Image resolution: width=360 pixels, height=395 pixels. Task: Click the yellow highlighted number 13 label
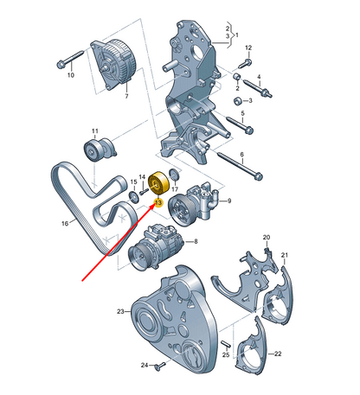pyautogui.click(x=158, y=202)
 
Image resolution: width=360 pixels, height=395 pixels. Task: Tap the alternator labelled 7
pyautogui.click(x=113, y=65)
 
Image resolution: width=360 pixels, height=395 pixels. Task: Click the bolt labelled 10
pyautogui.click(x=70, y=60)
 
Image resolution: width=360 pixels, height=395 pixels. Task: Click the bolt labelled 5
pyautogui.click(x=240, y=124)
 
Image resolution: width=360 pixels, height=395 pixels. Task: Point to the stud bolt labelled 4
pyautogui.click(x=258, y=87)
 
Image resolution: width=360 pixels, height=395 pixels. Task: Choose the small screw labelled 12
pyautogui.click(x=245, y=63)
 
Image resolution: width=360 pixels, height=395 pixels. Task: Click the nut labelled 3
pyautogui.click(x=238, y=101)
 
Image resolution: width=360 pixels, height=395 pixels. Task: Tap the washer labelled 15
pyautogui.click(x=133, y=197)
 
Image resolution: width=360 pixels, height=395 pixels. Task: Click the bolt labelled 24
pyautogui.click(x=159, y=366)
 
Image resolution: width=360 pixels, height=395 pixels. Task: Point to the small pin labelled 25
pyautogui.click(x=226, y=344)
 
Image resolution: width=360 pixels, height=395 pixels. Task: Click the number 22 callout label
pyautogui.click(x=278, y=354)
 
